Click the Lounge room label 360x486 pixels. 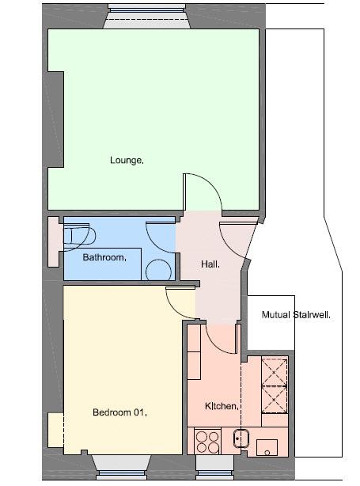pos(127,160)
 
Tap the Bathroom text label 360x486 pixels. pos(104,257)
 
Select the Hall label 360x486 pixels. pos(210,264)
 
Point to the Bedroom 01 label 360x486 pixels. pos(120,412)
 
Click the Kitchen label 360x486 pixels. pos(222,406)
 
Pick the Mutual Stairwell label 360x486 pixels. pos(296,315)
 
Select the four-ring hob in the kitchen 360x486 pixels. pos(207,442)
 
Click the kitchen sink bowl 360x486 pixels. pos(241,439)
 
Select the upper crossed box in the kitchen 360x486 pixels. pos(275,371)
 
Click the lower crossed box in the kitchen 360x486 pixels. pos(275,400)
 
